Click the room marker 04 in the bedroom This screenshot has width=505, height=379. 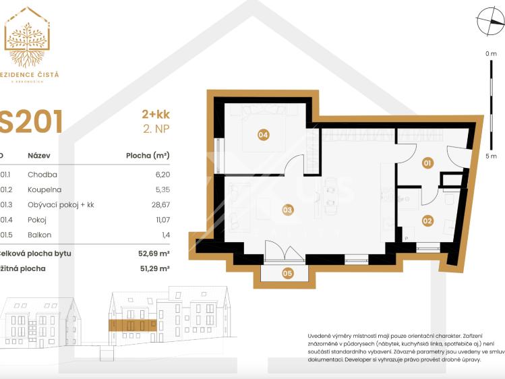coord(263,135)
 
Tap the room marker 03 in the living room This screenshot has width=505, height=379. coord(287,210)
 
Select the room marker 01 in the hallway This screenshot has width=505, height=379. coord(427,163)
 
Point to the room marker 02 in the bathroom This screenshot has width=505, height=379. coord(427,220)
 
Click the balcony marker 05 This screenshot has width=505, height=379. coord(287,273)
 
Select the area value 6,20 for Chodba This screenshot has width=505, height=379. coord(161,173)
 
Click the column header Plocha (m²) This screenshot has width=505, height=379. coord(148,155)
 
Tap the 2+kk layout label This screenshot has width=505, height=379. coord(154,115)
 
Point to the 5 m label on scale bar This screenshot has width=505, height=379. coord(490,156)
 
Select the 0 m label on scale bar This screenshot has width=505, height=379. coord(490,53)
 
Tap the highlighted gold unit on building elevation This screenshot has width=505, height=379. coord(133,325)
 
